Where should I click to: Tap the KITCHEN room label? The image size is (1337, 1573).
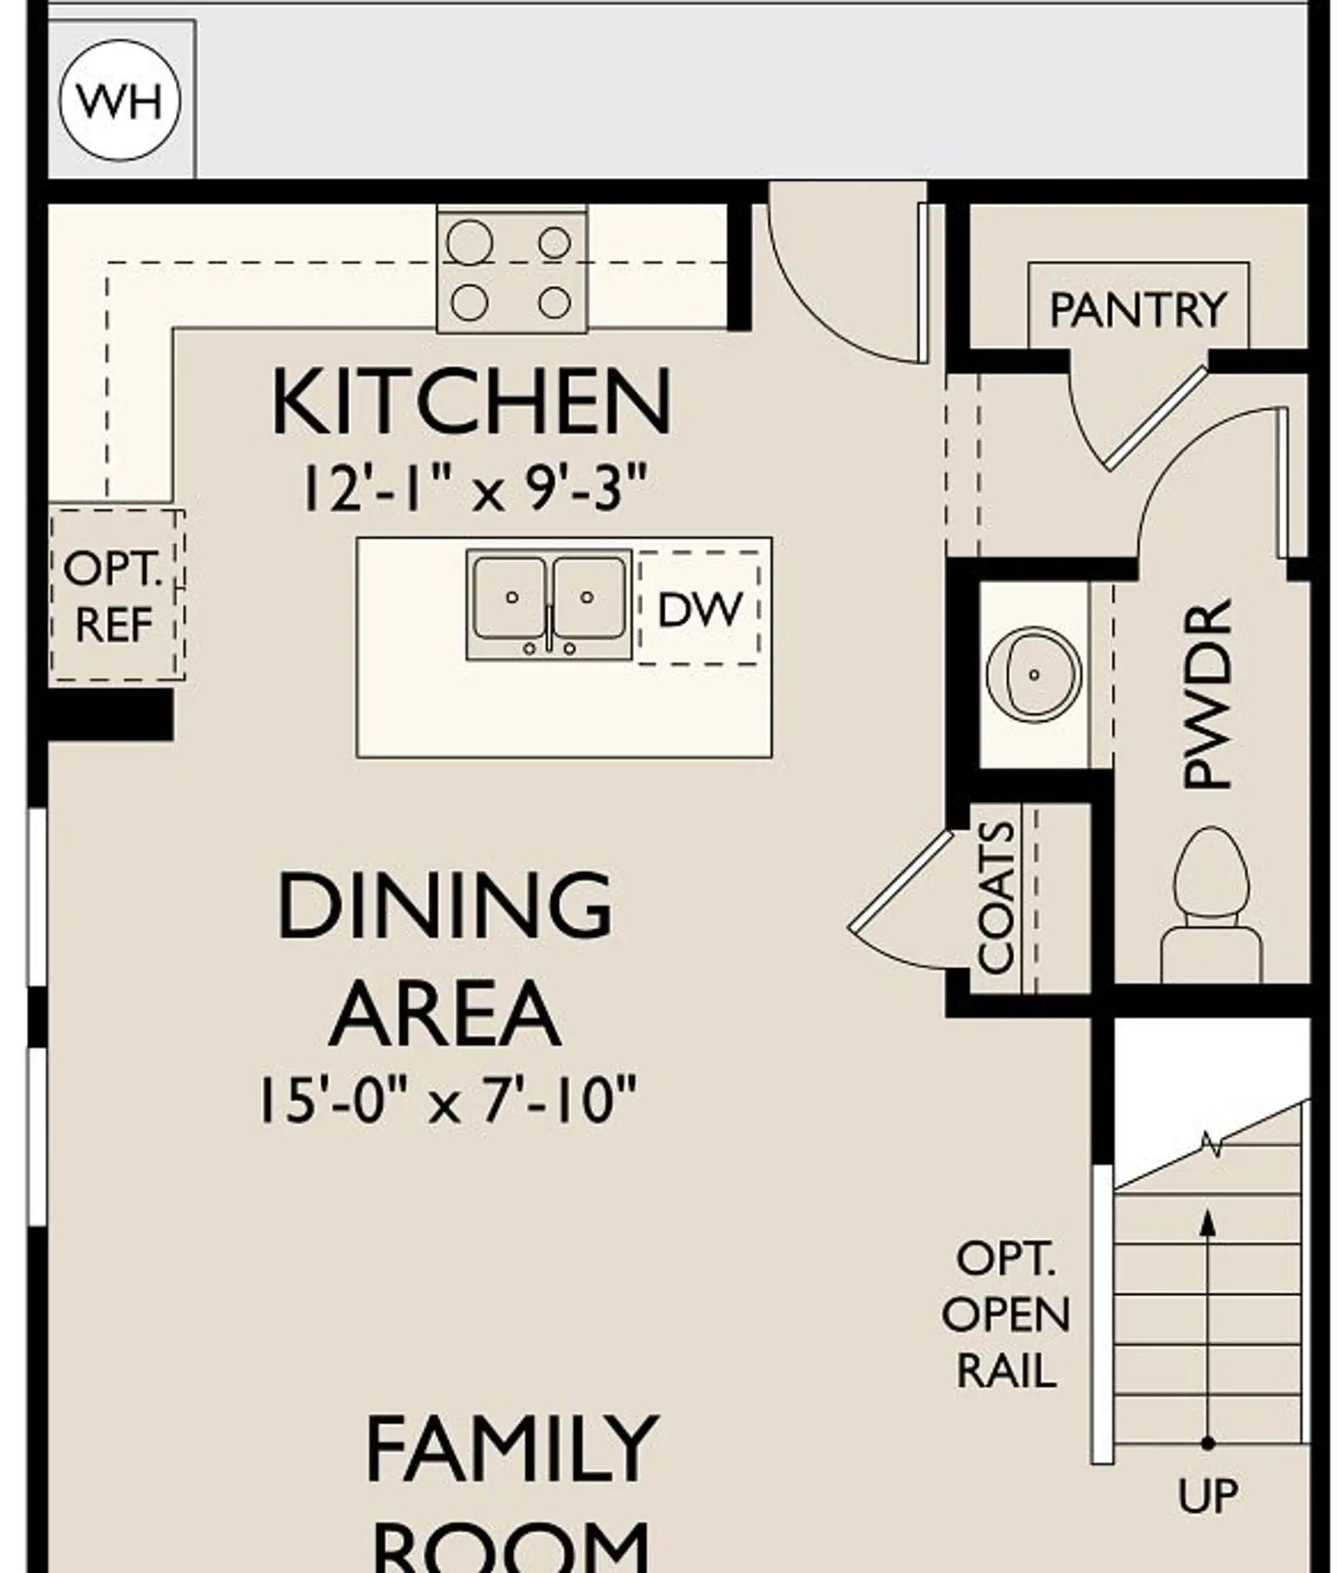[x=471, y=402]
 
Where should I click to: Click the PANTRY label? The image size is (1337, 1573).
[x=1138, y=310]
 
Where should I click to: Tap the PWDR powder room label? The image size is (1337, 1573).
[x=1208, y=693]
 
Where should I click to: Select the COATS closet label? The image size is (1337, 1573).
[x=996, y=897]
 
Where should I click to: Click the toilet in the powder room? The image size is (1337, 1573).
[x=1211, y=905]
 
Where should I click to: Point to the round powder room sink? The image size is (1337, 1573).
[x=1034, y=674]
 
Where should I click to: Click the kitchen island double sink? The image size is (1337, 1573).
[x=549, y=604]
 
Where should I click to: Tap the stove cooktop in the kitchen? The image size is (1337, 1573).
[x=511, y=269]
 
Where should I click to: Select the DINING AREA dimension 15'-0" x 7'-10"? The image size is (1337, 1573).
[x=448, y=1100]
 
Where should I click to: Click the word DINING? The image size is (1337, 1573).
[x=445, y=905]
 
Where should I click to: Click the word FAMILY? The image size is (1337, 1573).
[x=511, y=1449]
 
